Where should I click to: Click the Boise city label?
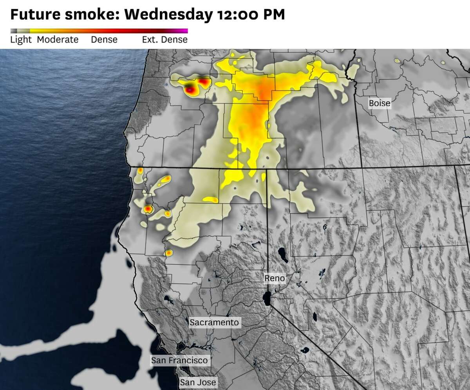[x=380, y=103]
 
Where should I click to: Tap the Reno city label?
[x=275, y=278]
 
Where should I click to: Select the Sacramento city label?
[x=214, y=322]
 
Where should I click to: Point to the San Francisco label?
[x=180, y=360]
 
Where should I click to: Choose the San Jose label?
[x=198, y=382]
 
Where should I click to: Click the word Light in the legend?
[x=21, y=40]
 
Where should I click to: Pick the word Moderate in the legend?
[x=58, y=40]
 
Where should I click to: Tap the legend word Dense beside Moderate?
[x=104, y=40]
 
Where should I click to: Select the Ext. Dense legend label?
[x=164, y=40]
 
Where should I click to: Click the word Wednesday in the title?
[x=169, y=15]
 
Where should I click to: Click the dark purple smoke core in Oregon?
[x=190, y=90]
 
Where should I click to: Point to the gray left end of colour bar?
[x=13, y=31]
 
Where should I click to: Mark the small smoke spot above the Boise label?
[x=397, y=61]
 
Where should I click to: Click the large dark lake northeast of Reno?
[x=282, y=253]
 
